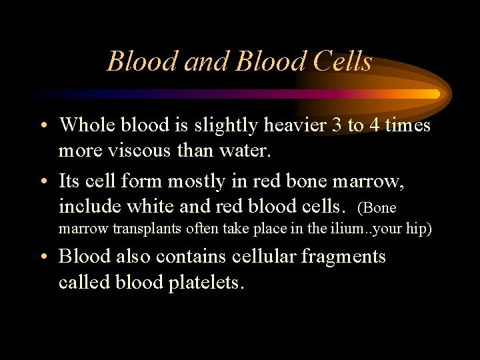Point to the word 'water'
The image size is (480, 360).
pyautogui.click(x=245, y=151)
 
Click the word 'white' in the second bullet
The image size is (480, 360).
pyautogui.click(x=150, y=207)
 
